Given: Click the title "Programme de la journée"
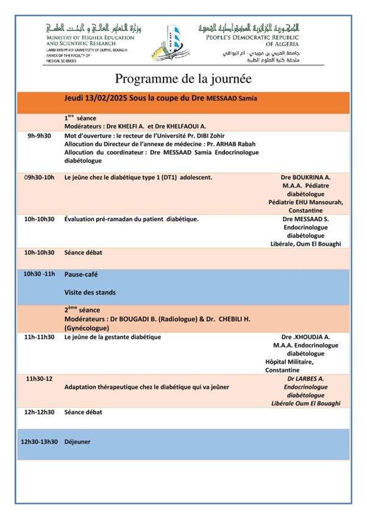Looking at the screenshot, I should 184,79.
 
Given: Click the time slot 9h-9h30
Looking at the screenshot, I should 39,136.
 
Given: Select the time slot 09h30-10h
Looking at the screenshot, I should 39,177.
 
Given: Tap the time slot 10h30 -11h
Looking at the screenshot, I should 39,274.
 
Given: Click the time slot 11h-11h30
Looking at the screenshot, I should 39,337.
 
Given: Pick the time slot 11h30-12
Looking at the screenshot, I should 39,378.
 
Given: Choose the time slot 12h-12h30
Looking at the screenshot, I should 39,412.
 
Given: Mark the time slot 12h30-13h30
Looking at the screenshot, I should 39,442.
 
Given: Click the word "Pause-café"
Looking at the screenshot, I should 81,274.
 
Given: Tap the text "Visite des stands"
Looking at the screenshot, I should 90,292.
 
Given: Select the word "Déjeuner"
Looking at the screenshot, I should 77,442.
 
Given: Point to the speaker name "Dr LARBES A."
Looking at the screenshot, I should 305,378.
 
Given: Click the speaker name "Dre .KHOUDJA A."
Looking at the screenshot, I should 305,337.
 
